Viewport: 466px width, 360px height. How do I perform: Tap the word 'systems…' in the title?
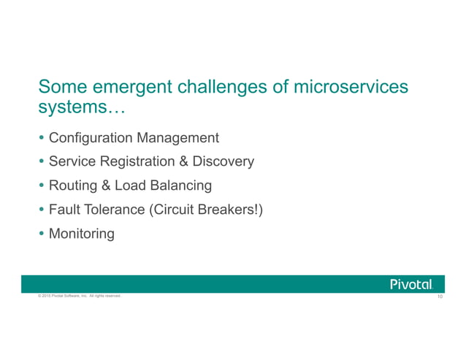pyautogui.click(x=81, y=109)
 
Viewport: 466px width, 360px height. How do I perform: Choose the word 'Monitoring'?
pyautogui.click(x=81, y=234)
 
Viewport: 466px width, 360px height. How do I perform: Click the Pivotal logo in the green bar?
pyautogui.click(x=411, y=284)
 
